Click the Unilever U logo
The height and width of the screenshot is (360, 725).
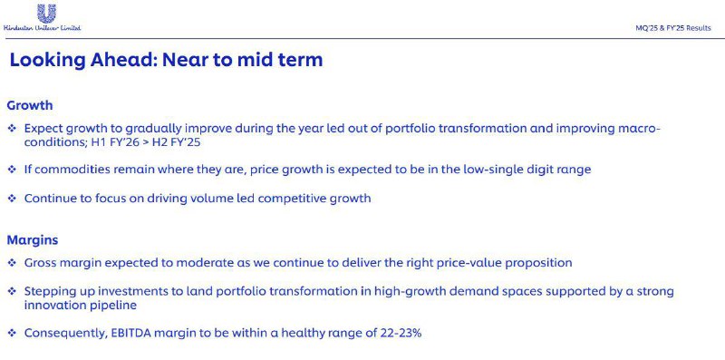(x=46, y=14)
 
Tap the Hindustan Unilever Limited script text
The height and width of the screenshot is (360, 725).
(x=42, y=28)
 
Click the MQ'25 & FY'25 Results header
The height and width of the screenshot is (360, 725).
(x=673, y=28)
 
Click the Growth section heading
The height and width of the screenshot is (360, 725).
(x=30, y=105)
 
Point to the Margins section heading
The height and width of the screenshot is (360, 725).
(x=33, y=240)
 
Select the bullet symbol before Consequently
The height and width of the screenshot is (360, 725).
(x=12, y=333)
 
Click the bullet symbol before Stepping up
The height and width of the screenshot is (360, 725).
(x=12, y=291)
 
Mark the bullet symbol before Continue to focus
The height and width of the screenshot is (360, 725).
(x=12, y=199)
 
